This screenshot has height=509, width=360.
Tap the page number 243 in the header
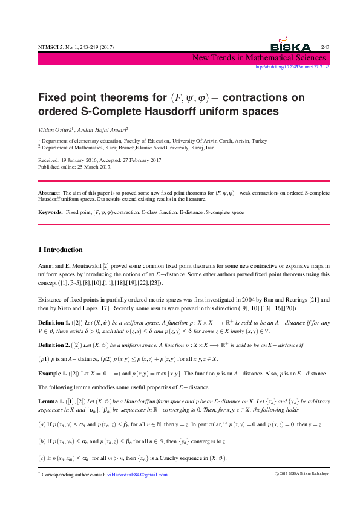click(325, 47)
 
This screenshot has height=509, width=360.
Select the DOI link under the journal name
click(292, 67)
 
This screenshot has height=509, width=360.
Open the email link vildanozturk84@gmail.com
click(137, 475)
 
